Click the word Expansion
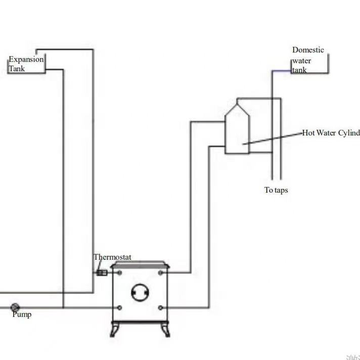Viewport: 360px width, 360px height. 26,59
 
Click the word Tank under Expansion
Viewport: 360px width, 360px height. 16,68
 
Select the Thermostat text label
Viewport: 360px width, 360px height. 112,257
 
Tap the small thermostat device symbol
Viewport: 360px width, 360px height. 101,273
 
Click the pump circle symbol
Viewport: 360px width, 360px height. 15,307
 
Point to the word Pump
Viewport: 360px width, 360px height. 22,314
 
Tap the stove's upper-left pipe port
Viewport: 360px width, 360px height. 120,273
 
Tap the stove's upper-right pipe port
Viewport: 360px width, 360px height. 160,273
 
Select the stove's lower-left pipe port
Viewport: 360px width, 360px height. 120,307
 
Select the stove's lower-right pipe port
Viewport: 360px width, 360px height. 160,307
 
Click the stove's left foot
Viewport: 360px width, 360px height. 114,330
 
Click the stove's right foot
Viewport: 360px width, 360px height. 165,330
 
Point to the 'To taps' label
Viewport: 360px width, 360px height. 276,190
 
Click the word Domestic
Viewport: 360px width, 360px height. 308,50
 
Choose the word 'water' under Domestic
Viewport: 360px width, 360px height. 302,61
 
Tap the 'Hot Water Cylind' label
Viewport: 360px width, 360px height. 331,133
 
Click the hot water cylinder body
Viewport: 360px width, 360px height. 237,131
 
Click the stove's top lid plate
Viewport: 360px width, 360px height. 140,263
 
